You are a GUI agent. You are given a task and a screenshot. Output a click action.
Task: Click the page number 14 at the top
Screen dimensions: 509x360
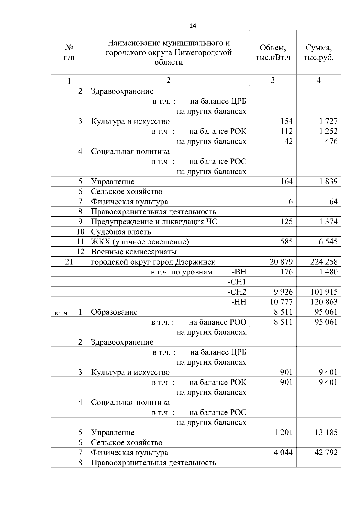193,26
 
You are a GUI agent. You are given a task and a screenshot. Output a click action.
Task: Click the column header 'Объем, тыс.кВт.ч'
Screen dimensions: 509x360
273,52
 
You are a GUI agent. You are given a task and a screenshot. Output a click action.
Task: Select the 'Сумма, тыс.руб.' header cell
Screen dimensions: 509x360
318,52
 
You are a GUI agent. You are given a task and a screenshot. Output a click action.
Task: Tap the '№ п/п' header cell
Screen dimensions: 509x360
69,52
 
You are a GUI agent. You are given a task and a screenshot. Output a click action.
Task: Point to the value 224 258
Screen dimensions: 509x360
324,262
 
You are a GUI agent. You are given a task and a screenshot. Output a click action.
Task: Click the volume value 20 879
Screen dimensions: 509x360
281,262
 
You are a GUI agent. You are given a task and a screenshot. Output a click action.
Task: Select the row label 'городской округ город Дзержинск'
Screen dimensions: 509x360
153,262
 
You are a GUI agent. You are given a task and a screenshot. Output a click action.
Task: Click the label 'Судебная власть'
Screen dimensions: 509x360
121,232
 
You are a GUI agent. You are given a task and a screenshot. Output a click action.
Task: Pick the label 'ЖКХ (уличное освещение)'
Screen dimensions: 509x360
140,242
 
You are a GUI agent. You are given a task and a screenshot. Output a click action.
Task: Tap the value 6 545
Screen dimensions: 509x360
328,242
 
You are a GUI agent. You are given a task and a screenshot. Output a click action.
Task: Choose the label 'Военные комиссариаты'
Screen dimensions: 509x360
134,252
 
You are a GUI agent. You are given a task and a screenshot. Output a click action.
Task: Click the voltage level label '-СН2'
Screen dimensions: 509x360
237,292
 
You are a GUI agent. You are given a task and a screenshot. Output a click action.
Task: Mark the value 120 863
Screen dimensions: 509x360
324,302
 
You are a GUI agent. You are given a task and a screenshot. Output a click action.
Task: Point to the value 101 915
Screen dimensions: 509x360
324,292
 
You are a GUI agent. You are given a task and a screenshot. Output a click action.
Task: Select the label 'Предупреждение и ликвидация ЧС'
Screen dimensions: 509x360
154,222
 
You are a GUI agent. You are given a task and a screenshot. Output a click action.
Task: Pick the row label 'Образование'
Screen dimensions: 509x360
114,312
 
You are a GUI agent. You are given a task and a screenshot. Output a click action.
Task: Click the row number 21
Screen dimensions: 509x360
69,262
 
